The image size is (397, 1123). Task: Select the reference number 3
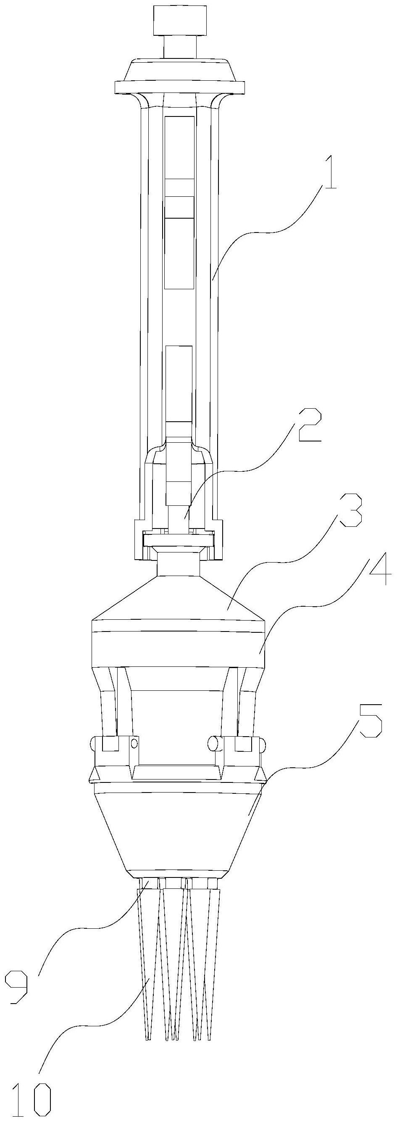click(350, 510)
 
